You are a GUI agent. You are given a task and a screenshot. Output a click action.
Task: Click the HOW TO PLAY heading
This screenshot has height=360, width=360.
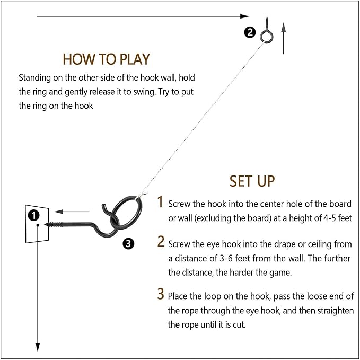click(x=106, y=58)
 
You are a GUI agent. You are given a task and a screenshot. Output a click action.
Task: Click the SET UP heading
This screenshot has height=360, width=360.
click(x=252, y=180)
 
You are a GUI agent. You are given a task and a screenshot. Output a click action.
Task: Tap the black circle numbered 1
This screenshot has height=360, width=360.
click(x=34, y=215)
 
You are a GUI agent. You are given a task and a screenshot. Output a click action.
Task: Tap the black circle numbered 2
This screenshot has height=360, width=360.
click(x=249, y=33)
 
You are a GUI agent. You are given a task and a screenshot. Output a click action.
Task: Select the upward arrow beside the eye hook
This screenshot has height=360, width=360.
click(x=284, y=38)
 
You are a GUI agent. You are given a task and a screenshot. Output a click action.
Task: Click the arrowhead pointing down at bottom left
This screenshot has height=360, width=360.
click(x=38, y=347)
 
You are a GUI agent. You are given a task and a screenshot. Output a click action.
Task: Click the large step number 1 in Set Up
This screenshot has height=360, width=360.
click(x=161, y=202)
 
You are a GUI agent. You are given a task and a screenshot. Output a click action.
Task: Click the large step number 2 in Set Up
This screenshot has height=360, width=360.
click(x=161, y=242)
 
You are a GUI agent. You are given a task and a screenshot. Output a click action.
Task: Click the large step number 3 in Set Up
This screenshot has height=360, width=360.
click(x=161, y=294)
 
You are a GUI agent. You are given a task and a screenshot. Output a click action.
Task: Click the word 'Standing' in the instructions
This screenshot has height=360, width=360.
click(x=35, y=77)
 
